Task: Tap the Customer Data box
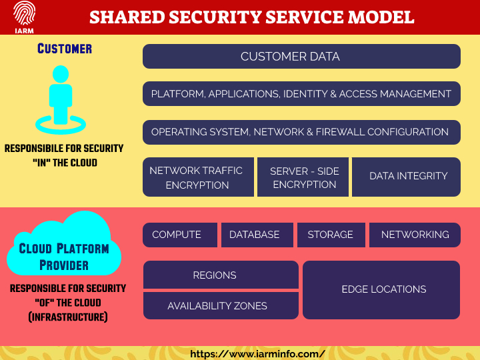pos(301,57)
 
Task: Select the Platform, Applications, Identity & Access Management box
pos(301,94)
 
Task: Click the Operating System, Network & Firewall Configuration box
pos(301,132)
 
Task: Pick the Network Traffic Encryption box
pos(198,177)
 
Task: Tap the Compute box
pos(180,235)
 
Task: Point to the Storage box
pos(331,235)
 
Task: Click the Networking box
pos(415,235)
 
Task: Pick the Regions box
pos(221,275)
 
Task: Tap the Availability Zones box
pos(221,306)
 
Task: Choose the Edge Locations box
pos(381,289)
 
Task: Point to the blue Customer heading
pos(65,49)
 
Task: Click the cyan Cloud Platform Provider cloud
pos(64,248)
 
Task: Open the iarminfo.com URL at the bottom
pos(257,354)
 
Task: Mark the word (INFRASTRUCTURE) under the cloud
pos(67,317)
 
